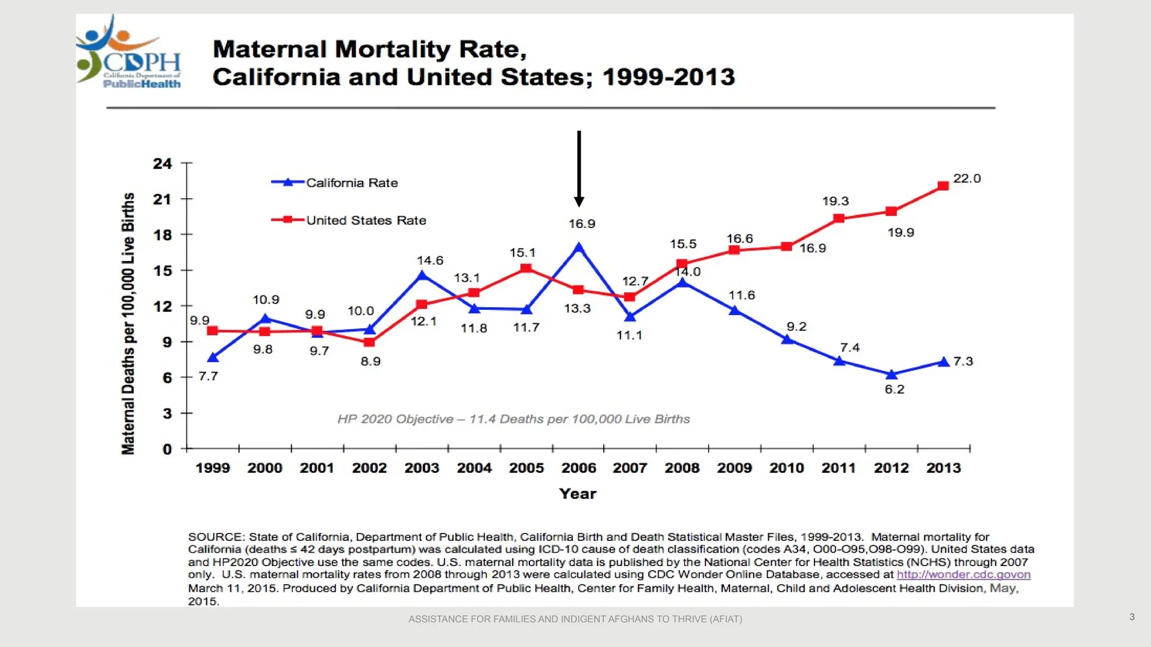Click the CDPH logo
(x=129, y=53)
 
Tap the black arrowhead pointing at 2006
(x=579, y=201)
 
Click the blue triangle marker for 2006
(x=579, y=247)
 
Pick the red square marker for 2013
(x=943, y=186)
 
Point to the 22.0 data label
(x=967, y=179)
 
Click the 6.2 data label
(x=894, y=389)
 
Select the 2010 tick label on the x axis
(x=786, y=468)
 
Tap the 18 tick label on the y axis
(x=162, y=235)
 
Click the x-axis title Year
(x=578, y=494)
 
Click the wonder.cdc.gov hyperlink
(x=963, y=575)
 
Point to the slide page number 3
(x=1132, y=617)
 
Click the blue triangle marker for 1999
(x=212, y=358)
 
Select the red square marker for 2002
(x=369, y=342)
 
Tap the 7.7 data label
(x=208, y=376)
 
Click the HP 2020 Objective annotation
(x=513, y=419)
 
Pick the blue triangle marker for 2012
(x=891, y=375)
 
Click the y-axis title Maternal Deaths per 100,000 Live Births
(x=128, y=323)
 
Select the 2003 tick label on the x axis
(x=422, y=468)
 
